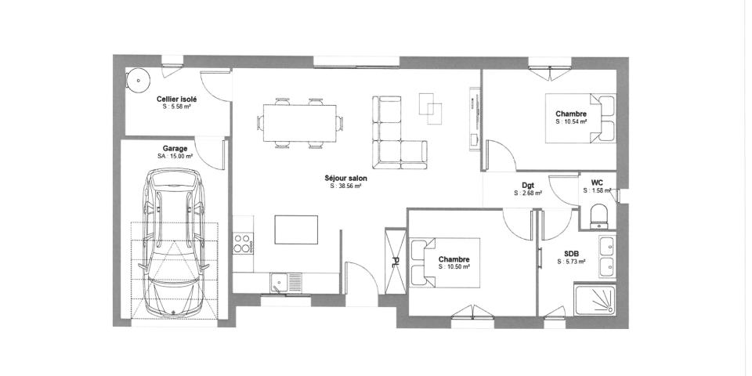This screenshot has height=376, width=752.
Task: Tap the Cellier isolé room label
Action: [176, 99]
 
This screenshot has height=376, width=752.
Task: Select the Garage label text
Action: [174, 148]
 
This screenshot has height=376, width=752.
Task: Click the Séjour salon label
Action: [345, 179]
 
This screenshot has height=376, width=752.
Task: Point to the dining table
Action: [300, 121]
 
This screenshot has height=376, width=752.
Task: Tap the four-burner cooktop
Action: [243, 244]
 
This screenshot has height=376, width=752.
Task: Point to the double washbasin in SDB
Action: [606, 256]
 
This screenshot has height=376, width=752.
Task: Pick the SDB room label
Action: [571, 253]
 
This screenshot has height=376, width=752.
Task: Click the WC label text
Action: [597, 182]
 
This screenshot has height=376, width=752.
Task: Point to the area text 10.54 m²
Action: [571, 121]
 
